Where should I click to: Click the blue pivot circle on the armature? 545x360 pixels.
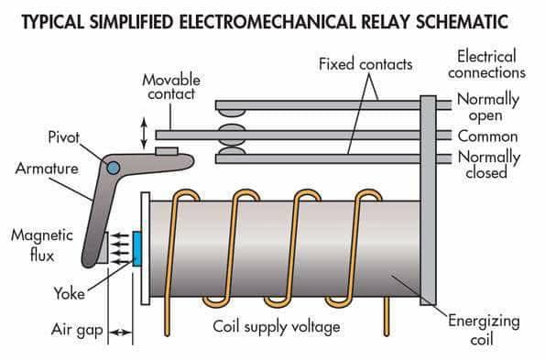tap(112, 169)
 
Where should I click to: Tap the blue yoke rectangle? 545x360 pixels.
tap(136, 249)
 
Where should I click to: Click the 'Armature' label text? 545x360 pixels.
tap(45, 169)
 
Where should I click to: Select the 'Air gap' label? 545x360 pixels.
tap(75, 328)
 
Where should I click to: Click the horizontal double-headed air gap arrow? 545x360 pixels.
tap(120, 331)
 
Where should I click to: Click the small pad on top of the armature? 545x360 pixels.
tap(166, 151)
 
